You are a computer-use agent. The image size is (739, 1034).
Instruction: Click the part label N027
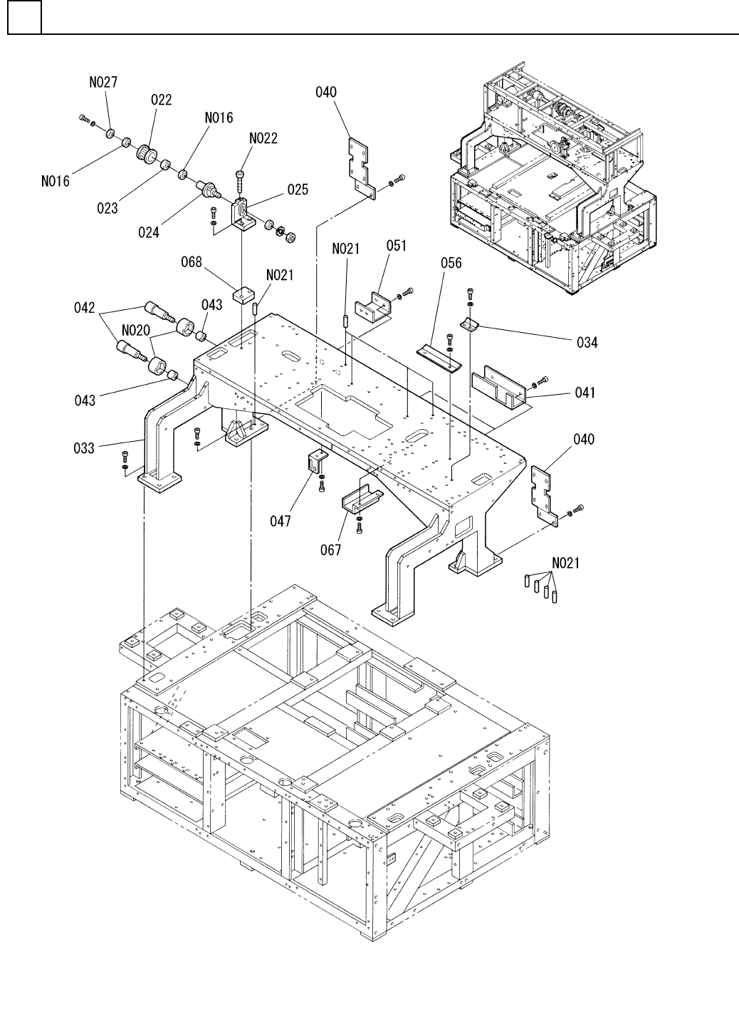coord(103,82)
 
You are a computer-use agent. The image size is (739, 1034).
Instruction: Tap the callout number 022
coord(162,100)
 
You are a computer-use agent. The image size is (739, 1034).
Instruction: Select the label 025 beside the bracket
coord(298,190)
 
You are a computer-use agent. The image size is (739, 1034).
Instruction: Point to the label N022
coord(263,138)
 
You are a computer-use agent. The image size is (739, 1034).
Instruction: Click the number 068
coord(192,262)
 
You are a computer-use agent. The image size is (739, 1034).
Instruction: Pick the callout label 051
coord(397,246)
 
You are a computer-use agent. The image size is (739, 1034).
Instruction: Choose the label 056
coord(451,263)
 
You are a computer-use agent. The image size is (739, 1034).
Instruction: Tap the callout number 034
coord(587,343)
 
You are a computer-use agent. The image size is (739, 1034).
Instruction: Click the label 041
coord(585,393)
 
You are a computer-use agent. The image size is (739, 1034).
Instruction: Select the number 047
coord(281,521)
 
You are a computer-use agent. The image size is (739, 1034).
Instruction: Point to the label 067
coord(331,549)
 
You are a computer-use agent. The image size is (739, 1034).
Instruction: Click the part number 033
coord(84,448)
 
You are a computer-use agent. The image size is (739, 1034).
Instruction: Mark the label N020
coord(136,331)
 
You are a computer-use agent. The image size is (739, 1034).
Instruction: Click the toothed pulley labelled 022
coord(147,152)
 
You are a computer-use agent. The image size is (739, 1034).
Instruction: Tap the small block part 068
coord(243,294)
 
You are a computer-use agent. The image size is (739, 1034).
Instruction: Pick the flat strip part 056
coord(439,358)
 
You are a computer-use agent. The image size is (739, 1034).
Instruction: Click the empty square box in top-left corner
coord(24,17)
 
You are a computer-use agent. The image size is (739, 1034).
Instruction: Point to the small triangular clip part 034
coord(470,324)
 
